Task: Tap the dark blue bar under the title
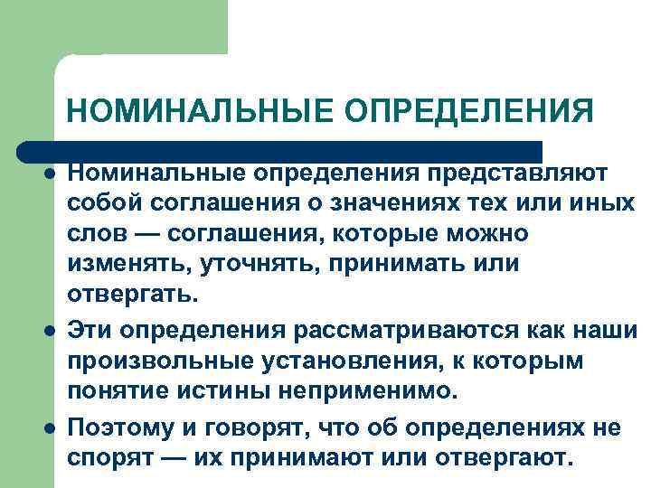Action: pos(280,151)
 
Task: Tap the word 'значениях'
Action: pos(410,203)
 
